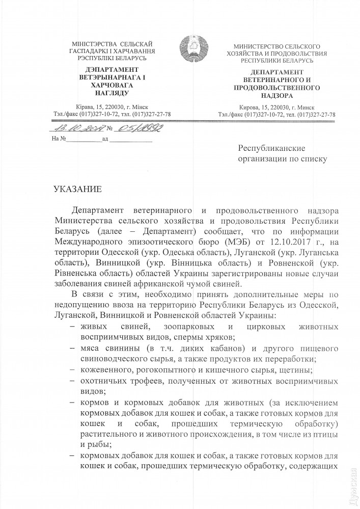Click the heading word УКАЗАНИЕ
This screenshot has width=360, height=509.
point(78,190)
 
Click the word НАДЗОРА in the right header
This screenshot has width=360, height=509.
point(276,95)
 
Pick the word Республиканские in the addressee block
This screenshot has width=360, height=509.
point(271,148)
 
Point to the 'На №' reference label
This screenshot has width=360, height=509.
point(60,139)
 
